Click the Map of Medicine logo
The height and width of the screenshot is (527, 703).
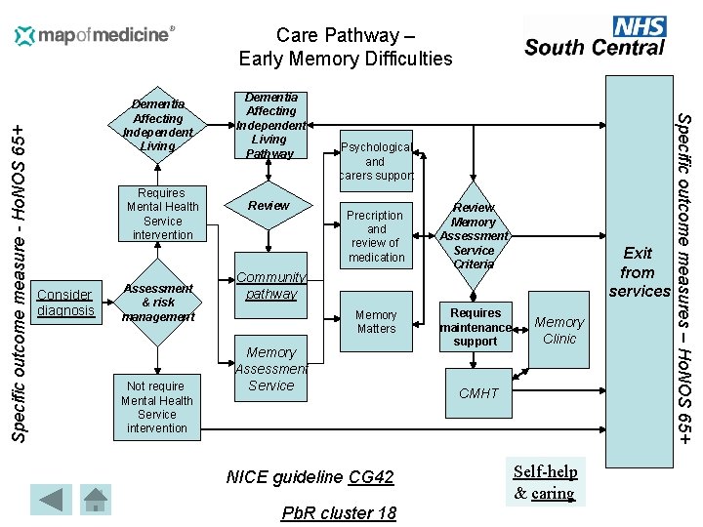tap(95, 36)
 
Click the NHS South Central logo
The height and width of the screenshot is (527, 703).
tap(595, 37)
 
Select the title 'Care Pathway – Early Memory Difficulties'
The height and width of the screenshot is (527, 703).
tap(346, 47)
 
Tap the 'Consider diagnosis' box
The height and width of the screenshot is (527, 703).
tap(65, 303)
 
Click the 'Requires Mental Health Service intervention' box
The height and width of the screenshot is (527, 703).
tap(162, 214)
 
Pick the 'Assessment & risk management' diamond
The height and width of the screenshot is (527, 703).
tap(158, 303)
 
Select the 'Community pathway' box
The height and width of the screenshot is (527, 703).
tap(271, 285)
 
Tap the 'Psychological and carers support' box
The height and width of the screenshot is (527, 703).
tap(376, 161)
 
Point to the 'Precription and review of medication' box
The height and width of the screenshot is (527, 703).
tap(376, 236)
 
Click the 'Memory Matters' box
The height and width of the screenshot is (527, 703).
tap(376, 322)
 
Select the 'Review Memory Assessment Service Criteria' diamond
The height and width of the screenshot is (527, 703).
tap(474, 235)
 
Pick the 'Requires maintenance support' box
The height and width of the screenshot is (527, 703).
tap(476, 327)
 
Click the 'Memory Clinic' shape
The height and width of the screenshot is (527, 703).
tap(559, 330)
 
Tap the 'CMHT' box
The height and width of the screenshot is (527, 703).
tap(478, 393)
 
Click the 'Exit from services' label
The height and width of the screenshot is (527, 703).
tap(638, 271)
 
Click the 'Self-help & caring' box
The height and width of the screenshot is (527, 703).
tap(545, 482)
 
